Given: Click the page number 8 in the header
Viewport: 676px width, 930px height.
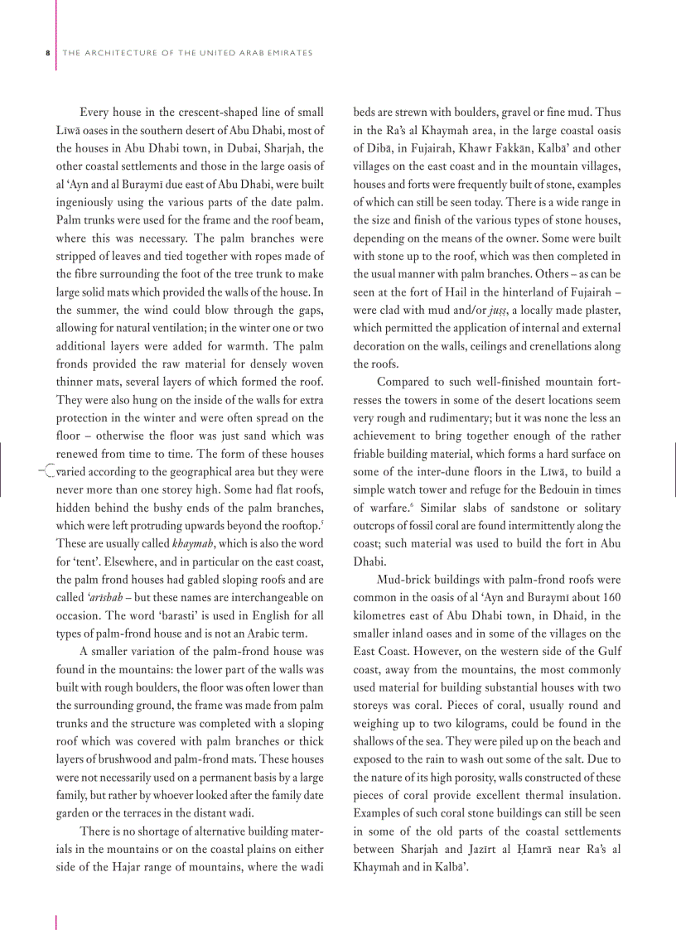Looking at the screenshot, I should click(46, 53).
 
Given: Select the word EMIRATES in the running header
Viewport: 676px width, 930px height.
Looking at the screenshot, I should click(287, 53).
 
